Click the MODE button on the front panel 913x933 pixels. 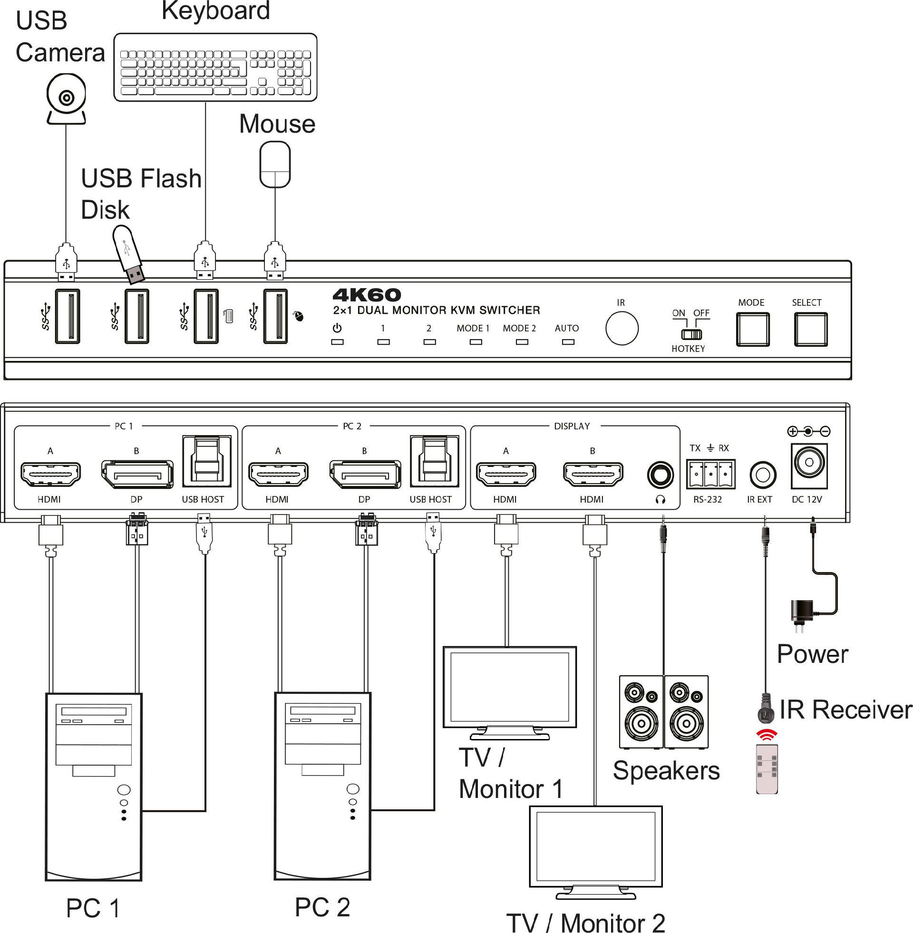click(752, 330)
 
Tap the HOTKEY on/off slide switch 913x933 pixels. click(691, 334)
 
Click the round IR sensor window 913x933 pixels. click(622, 329)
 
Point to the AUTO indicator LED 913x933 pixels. click(568, 342)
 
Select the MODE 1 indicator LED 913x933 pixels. click(476, 342)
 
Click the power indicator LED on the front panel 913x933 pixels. click(338, 342)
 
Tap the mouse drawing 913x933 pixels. click(275, 164)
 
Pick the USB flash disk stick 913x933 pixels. click(128, 254)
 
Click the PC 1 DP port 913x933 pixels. click(137, 475)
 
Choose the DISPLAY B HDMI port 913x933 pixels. click(593, 475)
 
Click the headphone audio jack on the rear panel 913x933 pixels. click(660, 475)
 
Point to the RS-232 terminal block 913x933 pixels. click(710, 474)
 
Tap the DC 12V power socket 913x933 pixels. click(809, 463)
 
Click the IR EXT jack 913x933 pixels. click(762, 475)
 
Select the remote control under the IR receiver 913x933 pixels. click(766, 769)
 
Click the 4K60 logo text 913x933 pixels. click(367, 295)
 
